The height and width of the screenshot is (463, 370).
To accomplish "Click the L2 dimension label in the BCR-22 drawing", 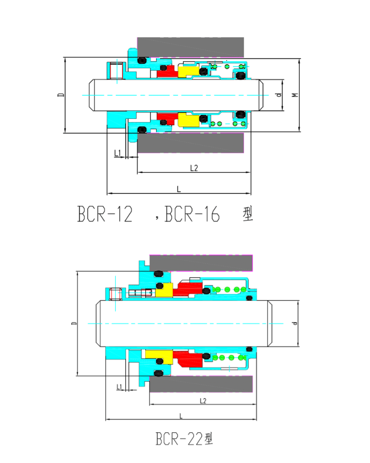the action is point(203,401).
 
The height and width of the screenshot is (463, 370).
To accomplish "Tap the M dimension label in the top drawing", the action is point(295,95).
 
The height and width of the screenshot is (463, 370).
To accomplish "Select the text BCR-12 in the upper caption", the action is point(105,214).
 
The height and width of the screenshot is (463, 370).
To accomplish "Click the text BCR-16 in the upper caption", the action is point(192,214).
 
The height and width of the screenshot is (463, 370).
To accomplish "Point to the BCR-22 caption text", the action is point(184,439).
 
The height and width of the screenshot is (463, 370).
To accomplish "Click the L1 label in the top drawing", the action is point(118,153).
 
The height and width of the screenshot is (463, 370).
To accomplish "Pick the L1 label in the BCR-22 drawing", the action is point(119,387).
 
